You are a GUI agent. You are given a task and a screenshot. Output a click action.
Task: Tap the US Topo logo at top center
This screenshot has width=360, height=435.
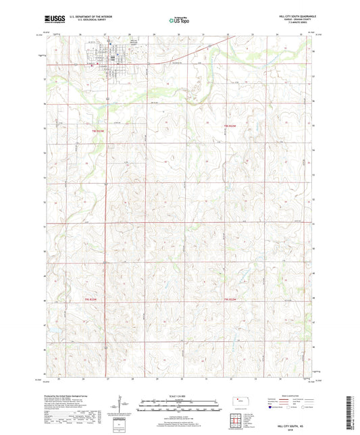[178, 21]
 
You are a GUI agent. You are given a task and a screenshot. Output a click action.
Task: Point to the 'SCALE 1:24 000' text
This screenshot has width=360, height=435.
[178, 396]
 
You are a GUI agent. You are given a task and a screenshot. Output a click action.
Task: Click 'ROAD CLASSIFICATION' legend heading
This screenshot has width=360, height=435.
[292, 395]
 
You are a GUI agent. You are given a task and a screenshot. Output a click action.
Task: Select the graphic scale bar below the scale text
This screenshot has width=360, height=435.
[178, 405]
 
